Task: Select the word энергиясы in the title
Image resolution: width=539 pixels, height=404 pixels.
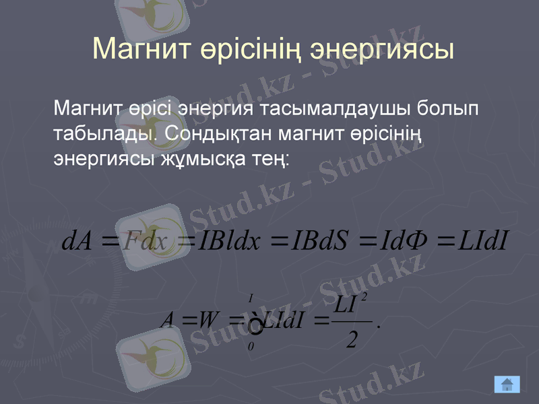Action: (x=380, y=48)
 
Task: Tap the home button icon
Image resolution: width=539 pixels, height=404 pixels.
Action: (x=507, y=384)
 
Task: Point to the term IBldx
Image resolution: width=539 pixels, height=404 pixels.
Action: (x=229, y=240)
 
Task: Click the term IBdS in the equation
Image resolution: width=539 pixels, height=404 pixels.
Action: (x=318, y=240)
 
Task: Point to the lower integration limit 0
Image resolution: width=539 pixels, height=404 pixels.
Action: (x=251, y=346)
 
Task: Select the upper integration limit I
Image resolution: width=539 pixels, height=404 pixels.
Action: (x=251, y=297)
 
